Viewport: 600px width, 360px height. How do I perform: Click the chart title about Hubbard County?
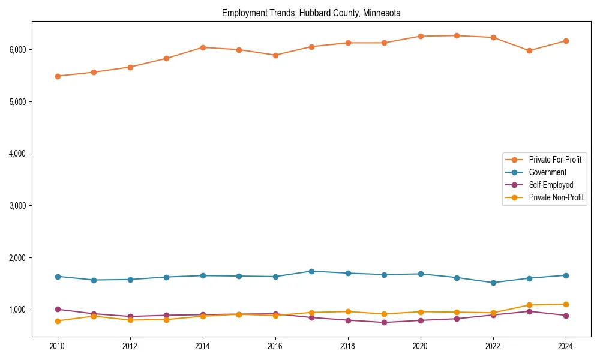click(311, 13)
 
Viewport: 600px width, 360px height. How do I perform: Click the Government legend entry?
click(547, 172)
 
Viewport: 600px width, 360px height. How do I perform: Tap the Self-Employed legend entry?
click(551, 185)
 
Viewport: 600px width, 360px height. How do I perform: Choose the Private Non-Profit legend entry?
click(556, 197)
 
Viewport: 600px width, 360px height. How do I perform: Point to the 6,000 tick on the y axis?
click(18, 50)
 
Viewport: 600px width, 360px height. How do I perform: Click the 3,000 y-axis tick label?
click(18, 206)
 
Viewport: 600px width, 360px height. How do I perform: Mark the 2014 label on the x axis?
click(203, 346)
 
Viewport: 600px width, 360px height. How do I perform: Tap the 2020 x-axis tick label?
click(420, 346)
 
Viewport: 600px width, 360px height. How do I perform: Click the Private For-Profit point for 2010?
click(58, 76)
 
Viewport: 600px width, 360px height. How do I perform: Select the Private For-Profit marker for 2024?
click(565, 41)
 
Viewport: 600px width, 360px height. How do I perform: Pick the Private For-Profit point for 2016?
click(275, 55)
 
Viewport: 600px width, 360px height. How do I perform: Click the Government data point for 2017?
click(311, 271)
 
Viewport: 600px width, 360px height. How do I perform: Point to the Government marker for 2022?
click(493, 283)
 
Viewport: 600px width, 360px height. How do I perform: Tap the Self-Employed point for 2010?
click(58, 309)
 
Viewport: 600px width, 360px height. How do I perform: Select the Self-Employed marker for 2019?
click(384, 322)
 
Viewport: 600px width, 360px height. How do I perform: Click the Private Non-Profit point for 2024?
click(565, 304)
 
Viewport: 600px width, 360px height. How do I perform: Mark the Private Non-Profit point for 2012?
click(130, 320)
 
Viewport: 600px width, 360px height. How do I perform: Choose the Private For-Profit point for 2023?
click(529, 50)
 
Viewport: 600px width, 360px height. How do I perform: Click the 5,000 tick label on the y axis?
click(18, 102)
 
